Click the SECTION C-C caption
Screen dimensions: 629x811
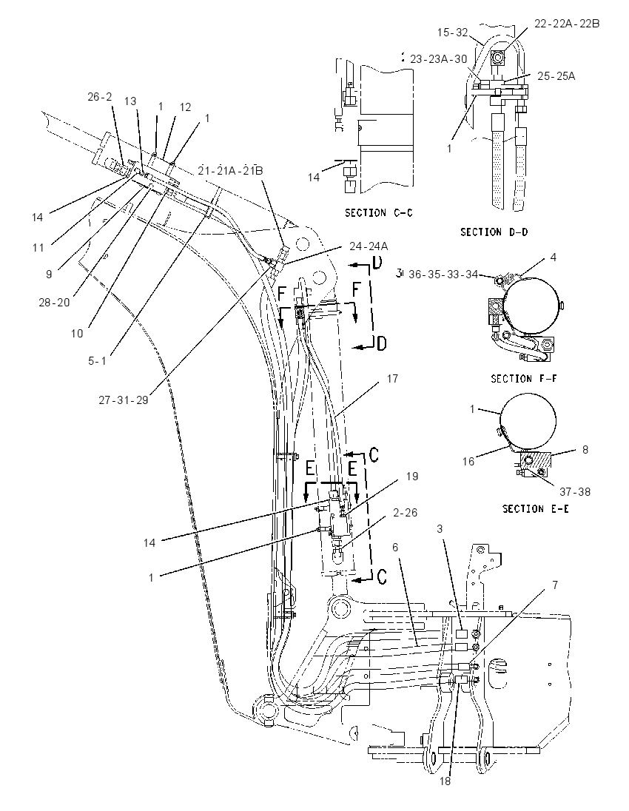tap(379, 212)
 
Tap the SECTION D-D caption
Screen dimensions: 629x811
tap(494, 232)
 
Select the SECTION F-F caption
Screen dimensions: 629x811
tap(523, 379)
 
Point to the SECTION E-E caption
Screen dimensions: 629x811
tap(535, 509)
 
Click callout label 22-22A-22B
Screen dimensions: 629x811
tap(567, 23)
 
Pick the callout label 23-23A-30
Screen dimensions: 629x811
tap(439, 59)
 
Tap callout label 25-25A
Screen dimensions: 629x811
tap(556, 76)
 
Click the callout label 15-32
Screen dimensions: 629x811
tap(452, 33)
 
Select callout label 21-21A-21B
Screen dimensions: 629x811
tap(231, 171)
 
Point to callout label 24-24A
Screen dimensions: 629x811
tap(369, 246)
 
